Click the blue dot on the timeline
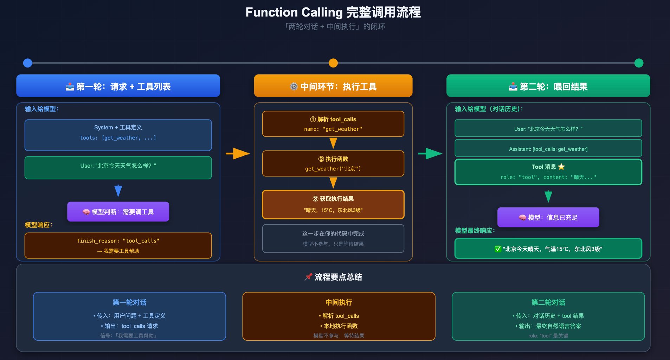[27, 63]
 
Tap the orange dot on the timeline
[333, 63]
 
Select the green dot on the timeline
[639, 63]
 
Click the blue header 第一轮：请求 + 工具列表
[118, 86]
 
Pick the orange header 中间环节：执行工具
[333, 86]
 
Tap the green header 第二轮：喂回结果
[548, 86]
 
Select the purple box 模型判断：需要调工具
[118, 212]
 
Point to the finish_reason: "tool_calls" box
[118, 245]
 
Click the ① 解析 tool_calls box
[333, 124]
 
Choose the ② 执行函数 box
[333, 163]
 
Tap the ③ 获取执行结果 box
[333, 204]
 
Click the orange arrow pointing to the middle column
[238, 154]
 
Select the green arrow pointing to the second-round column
[430, 154]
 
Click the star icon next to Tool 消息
[561, 167]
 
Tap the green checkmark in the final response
[498, 249]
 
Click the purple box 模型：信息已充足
[548, 217]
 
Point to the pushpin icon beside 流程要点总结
[308, 277]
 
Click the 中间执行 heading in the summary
[339, 302]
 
